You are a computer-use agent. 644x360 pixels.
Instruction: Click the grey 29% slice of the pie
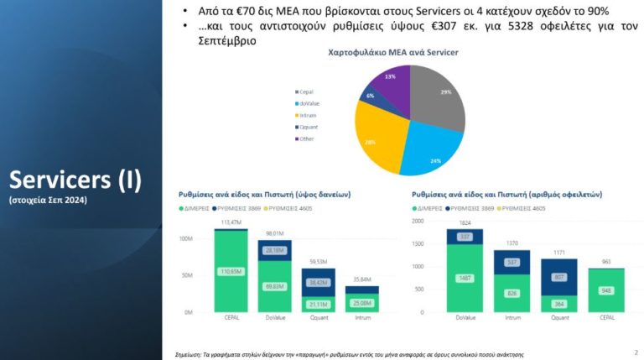click(435, 98)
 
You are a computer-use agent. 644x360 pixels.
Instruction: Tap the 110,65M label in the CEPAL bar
click(231, 272)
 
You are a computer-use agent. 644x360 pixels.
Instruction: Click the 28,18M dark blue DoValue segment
click(274, 250)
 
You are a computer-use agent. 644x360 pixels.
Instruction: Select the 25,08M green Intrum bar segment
click(361, 303)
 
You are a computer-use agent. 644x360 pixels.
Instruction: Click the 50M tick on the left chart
click(189, 274)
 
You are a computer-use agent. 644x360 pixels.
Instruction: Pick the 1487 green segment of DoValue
click(464, 278)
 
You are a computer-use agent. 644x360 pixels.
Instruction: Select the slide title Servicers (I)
click(75, 180)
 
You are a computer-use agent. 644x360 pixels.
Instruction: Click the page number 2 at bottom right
click(636, 352)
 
